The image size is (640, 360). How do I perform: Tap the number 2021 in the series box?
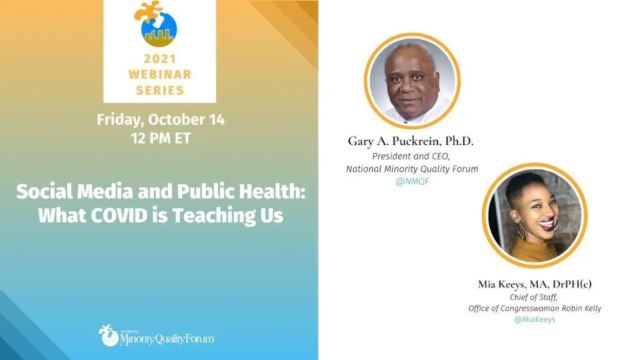coord(159,59)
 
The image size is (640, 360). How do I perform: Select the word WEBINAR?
coord(159,74)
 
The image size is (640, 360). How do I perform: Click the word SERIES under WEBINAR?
coord(159,90)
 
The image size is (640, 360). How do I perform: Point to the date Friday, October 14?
coord(161,119)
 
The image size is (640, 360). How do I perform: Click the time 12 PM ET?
coord(161,138)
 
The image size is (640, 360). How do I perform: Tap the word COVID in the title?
coord(119,215)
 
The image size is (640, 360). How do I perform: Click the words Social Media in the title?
coord(75,191)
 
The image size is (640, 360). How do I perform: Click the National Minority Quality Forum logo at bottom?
coord(156,336)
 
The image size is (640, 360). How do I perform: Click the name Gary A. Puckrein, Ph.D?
coord(411,141)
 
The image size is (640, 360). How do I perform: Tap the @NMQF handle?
coord(412,181)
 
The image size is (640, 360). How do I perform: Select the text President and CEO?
coord(411,156)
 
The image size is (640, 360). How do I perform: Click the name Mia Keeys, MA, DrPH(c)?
coord(535,284)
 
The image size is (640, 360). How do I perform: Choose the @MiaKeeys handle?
coord(535,319)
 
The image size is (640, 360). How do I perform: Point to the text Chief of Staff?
coord(534,297)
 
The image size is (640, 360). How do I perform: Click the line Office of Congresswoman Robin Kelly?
coord(535,309)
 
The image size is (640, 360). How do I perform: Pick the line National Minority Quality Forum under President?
coord(412,169)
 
